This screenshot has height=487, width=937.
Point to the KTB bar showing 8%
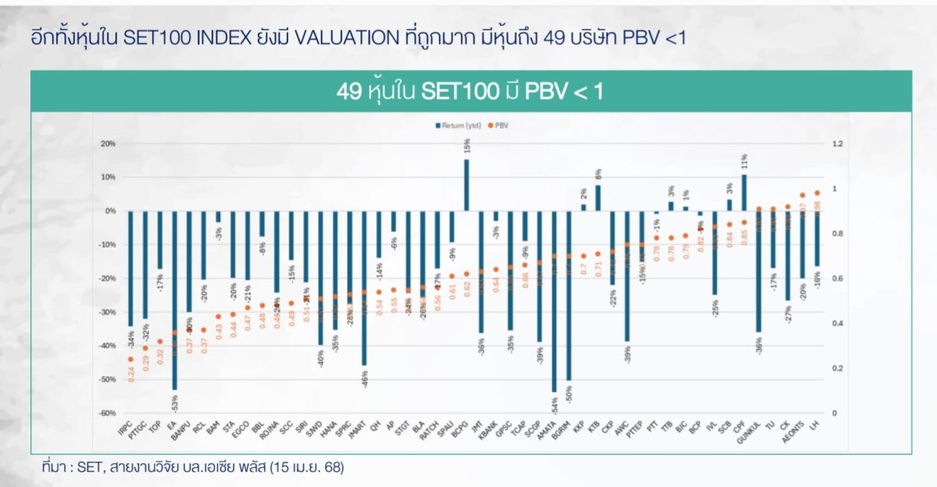[598, 197]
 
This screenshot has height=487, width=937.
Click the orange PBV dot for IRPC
[130, 359]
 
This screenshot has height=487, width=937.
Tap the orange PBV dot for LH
[818, 193]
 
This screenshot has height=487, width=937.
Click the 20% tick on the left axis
[107, 144]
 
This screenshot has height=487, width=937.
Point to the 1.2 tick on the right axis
[838, 144]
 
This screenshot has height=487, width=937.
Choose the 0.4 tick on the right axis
[838, 323]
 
